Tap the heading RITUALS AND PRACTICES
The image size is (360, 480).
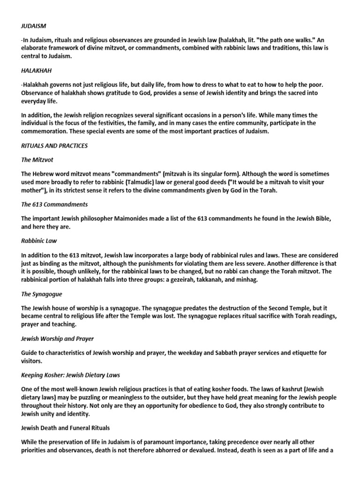coord(54,146)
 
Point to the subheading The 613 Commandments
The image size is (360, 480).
coord(55,205)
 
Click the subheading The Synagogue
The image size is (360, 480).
coord(42,294)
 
